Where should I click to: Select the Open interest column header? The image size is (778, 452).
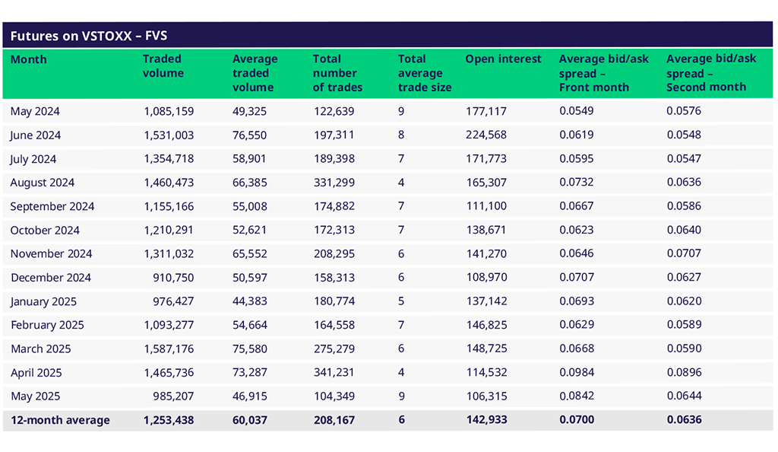[503, 59]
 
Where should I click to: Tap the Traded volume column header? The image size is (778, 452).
[163, 66]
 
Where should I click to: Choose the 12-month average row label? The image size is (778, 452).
[60, 420]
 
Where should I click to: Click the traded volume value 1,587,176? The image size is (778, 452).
[169, 349]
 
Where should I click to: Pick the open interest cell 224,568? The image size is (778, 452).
[486, 135]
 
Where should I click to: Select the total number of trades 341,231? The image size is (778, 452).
[334, 373]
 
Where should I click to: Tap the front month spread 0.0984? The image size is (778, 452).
[577, 373]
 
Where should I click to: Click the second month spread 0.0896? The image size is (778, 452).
[684, 373]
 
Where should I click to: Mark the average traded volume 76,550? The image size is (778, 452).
[250, 135]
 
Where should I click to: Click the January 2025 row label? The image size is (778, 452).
[43, 301]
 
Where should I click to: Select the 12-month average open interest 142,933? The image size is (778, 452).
[486, 420]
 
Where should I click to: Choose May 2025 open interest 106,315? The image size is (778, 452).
[486, 396]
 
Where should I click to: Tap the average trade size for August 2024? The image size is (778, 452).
[401, 183]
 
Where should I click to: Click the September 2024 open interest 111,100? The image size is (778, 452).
[486, 206]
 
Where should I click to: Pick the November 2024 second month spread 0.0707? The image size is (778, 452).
[684, 253]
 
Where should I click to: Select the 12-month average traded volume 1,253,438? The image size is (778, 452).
[169, 420]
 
